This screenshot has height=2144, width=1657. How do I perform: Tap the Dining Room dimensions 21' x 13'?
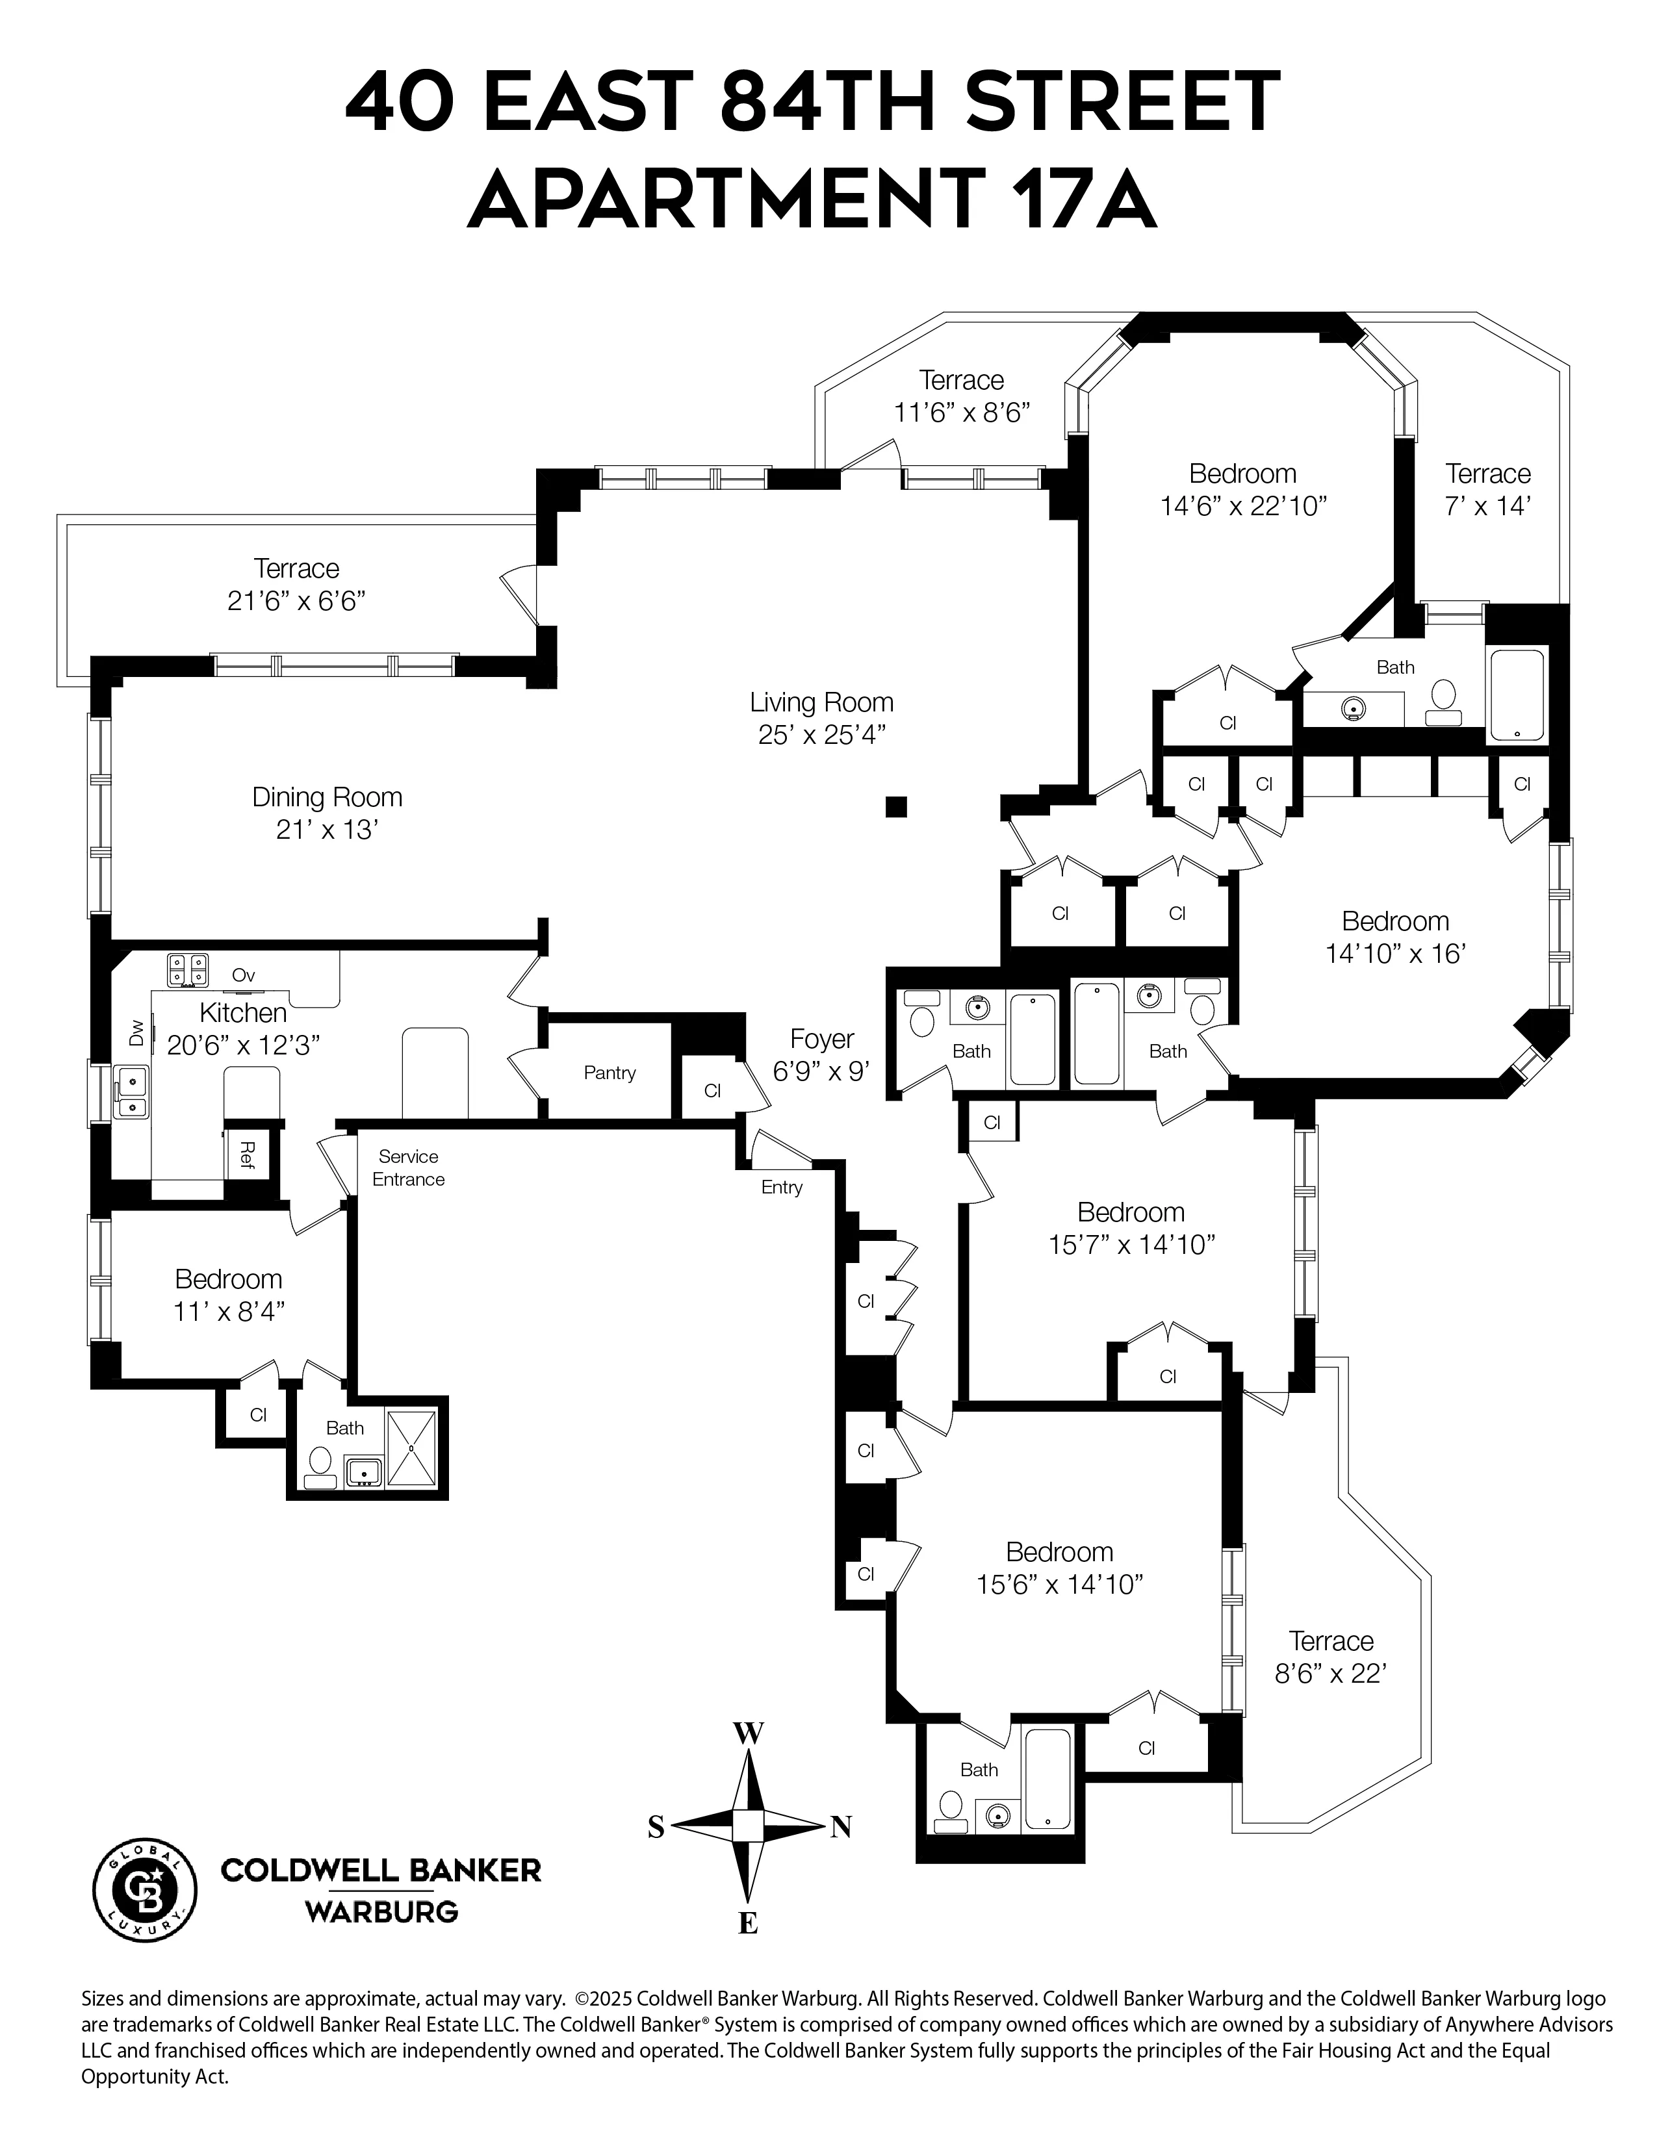tap(327, 830)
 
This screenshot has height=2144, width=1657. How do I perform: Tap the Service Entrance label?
tap(408, 1168)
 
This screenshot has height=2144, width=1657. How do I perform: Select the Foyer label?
tap(821, 1039)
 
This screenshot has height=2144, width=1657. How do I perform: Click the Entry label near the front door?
tap(781, 1188)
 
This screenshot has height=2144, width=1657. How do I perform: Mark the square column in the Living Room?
tap(895, 807)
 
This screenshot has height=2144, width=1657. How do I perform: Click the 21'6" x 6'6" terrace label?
tap(296, 601)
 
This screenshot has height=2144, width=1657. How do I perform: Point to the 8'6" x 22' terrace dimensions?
tap(1330, 1674)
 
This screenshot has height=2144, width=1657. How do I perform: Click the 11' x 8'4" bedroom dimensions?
tap(229, 1312)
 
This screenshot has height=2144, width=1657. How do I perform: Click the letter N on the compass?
tap(840, 1827)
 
